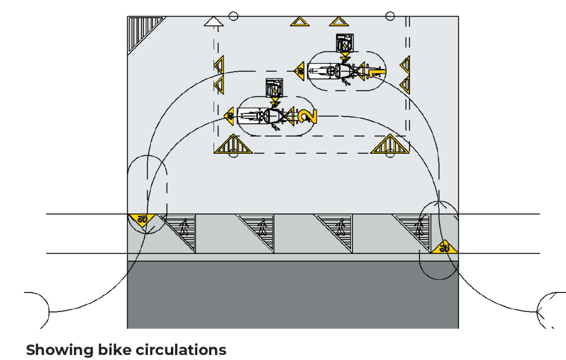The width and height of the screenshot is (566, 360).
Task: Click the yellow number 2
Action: pyautogui.click(x=308, y=116)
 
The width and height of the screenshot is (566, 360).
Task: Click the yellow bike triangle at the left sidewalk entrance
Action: pyautogui.click(x=142, y=220)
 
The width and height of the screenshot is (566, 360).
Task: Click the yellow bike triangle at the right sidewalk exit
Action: pyautogui.click(x=444, y=247)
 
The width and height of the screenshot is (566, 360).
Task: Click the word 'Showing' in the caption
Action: pyautogui.click(x=53, y=350)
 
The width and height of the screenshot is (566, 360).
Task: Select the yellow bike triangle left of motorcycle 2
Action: pyautogui.click(x=229, y=115)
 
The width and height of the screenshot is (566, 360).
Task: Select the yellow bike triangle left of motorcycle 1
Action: pyautogui.click(x=299, y=70)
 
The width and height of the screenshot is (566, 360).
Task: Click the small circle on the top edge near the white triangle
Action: pyautogui.click(x=233, y=16)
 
